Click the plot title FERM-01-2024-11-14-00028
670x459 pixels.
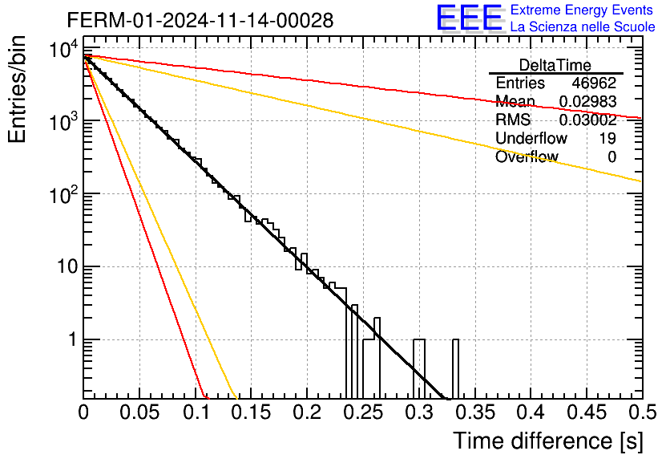(200, 20)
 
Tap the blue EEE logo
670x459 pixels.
(470, 18)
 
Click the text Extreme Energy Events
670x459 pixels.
(582, 10)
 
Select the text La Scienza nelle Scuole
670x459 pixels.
(583, 27)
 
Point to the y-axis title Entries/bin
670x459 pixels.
(17, 90)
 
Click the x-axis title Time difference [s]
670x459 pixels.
(548, 441)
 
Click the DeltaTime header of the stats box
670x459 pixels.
(555, 65)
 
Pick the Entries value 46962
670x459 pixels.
(594, 83)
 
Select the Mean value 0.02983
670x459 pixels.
(587, 101)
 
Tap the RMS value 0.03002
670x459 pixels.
(587, 120)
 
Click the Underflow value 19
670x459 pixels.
(607, 138)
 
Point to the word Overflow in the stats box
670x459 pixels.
(527, 156)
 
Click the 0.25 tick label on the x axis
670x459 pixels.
(363, 412)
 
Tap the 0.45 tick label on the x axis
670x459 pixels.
(587, 412)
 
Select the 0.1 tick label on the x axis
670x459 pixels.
(196, 412)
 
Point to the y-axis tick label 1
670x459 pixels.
(73, 339)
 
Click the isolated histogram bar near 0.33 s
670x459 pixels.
(455, 369)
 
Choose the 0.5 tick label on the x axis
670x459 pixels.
(642, 412)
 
